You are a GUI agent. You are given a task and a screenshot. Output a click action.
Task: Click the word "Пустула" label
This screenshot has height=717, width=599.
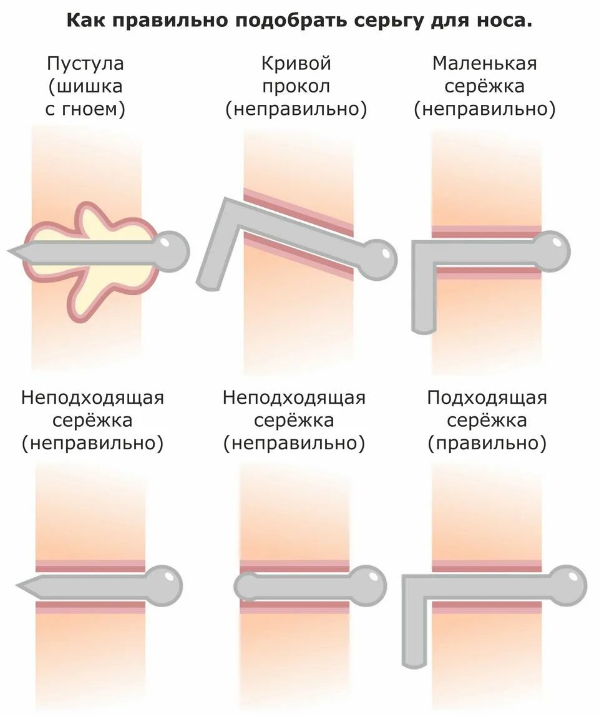[85, 64]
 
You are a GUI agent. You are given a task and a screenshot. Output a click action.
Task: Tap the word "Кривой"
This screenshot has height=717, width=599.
[296, 64]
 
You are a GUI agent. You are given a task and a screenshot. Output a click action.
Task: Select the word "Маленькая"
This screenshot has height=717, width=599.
[484, 64]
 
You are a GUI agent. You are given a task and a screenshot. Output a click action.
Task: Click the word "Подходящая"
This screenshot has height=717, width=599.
[487, 398]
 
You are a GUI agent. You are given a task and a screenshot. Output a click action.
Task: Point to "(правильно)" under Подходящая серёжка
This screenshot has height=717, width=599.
[487, 444]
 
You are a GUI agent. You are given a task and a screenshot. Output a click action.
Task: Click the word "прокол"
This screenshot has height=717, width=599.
[296, 87]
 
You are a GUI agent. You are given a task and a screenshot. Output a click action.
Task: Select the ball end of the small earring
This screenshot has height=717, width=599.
[552, 251]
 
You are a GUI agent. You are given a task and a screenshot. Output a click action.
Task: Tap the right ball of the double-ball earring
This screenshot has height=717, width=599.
[370, 585]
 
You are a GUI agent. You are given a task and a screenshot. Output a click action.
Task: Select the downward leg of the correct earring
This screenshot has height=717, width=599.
[414, 643]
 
